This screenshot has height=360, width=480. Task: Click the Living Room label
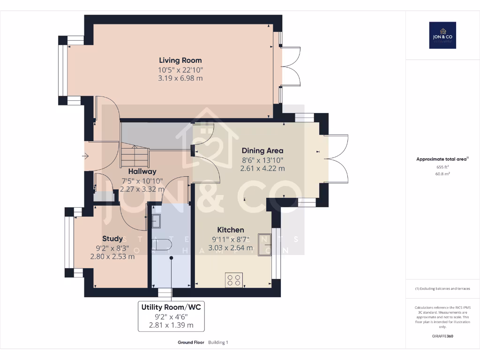[x=180, y=60]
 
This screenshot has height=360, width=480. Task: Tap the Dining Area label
[x=262, y=150]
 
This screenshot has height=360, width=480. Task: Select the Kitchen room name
[x=230, y=230]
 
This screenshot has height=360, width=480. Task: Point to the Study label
[x=112, y=239]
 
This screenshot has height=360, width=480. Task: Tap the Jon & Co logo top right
[x=442, y=35]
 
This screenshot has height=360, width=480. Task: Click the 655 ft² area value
[x=442, y=167]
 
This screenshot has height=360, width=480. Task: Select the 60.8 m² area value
[x=442, y=173]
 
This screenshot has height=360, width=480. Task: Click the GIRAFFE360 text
[x=442, y=336]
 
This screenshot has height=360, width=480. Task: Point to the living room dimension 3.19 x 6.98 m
[x=180, y=78]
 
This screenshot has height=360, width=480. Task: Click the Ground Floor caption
[x=191, y=342]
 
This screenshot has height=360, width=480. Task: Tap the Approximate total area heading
[x=442, y=159]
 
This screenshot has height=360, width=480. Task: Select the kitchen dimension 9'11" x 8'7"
[x=230, y=239]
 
